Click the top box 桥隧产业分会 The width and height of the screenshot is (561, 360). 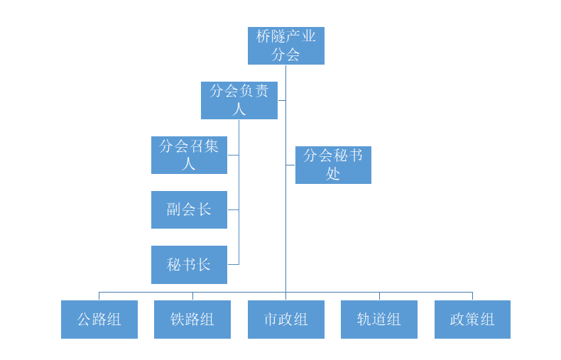pos(285,45)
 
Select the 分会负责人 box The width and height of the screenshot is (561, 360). pos(239,100)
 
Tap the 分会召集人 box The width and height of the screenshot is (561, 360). pos(189,155)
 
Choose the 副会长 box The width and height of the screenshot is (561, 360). pos(189,209)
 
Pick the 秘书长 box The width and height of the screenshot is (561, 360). pos(189,264)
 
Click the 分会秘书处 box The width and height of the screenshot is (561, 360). pos(333,165)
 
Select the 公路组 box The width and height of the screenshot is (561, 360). pos(99,319)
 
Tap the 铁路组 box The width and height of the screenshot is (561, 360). pos(192,319)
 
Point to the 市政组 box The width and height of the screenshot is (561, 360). pos(285,319)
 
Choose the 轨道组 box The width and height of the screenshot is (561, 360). pos(378,319)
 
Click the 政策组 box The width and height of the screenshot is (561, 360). pos(472,319)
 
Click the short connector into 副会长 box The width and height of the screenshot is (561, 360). pos(233,209)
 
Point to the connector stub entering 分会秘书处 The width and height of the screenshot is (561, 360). pos(290,165)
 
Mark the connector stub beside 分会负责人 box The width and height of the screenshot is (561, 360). pos(281,100)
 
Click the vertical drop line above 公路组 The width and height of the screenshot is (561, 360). pos(99,295)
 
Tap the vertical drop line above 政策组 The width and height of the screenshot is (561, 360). pos(472,295)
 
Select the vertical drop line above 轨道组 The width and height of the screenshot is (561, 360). pos(378,295)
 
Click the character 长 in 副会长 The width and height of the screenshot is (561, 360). pos(205,209)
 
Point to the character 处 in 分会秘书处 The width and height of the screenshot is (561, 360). pos(333,173)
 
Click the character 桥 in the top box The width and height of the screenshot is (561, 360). pos(264,37)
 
